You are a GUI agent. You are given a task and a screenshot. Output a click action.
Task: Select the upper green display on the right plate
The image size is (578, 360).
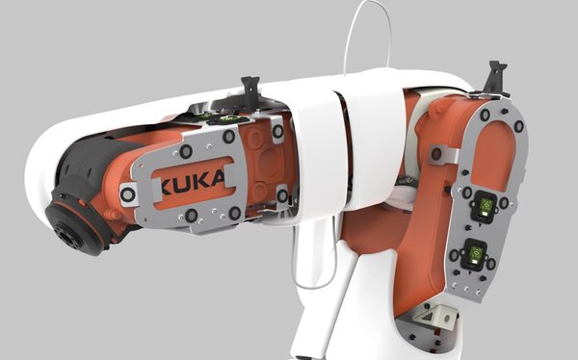pos(486,205)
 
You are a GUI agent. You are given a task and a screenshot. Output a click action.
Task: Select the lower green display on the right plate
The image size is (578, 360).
pos(476,255)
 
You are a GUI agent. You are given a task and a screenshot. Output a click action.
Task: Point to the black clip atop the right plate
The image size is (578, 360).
pos(496,78)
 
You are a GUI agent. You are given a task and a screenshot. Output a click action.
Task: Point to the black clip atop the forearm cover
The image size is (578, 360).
pos(250,92)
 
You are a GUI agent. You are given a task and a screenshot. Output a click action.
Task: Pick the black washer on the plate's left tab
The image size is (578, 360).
pos(127,194)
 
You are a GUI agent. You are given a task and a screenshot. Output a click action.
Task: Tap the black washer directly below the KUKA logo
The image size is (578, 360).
pos(192,215)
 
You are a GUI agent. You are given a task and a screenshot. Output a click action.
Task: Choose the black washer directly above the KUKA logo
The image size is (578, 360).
pos(186,151)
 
